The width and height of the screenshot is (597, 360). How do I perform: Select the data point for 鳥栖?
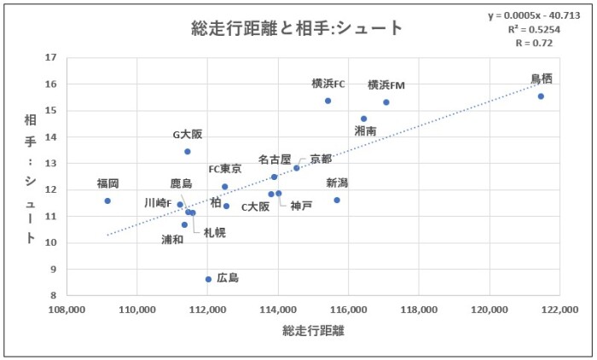coord(541,96)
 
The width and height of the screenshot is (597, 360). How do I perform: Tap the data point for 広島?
coord(208,279)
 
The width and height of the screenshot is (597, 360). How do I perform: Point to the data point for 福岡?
coord(107,200)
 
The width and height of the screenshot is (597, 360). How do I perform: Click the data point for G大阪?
coord(188,151)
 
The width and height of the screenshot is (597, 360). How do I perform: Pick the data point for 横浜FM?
coord(386,102)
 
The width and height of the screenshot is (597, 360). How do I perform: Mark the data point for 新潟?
coord(337,200)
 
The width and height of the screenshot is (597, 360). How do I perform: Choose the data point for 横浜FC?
coord(327,101)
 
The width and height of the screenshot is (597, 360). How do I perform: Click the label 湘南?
coord(365,131)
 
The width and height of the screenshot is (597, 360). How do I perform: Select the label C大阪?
coord(255,206)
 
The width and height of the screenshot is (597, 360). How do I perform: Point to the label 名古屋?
coord(275,160)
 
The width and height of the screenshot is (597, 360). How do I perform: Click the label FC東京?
coord(225,169)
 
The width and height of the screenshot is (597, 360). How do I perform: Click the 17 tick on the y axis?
coord(50,58)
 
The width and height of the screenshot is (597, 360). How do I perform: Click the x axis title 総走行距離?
coord(310,329)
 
